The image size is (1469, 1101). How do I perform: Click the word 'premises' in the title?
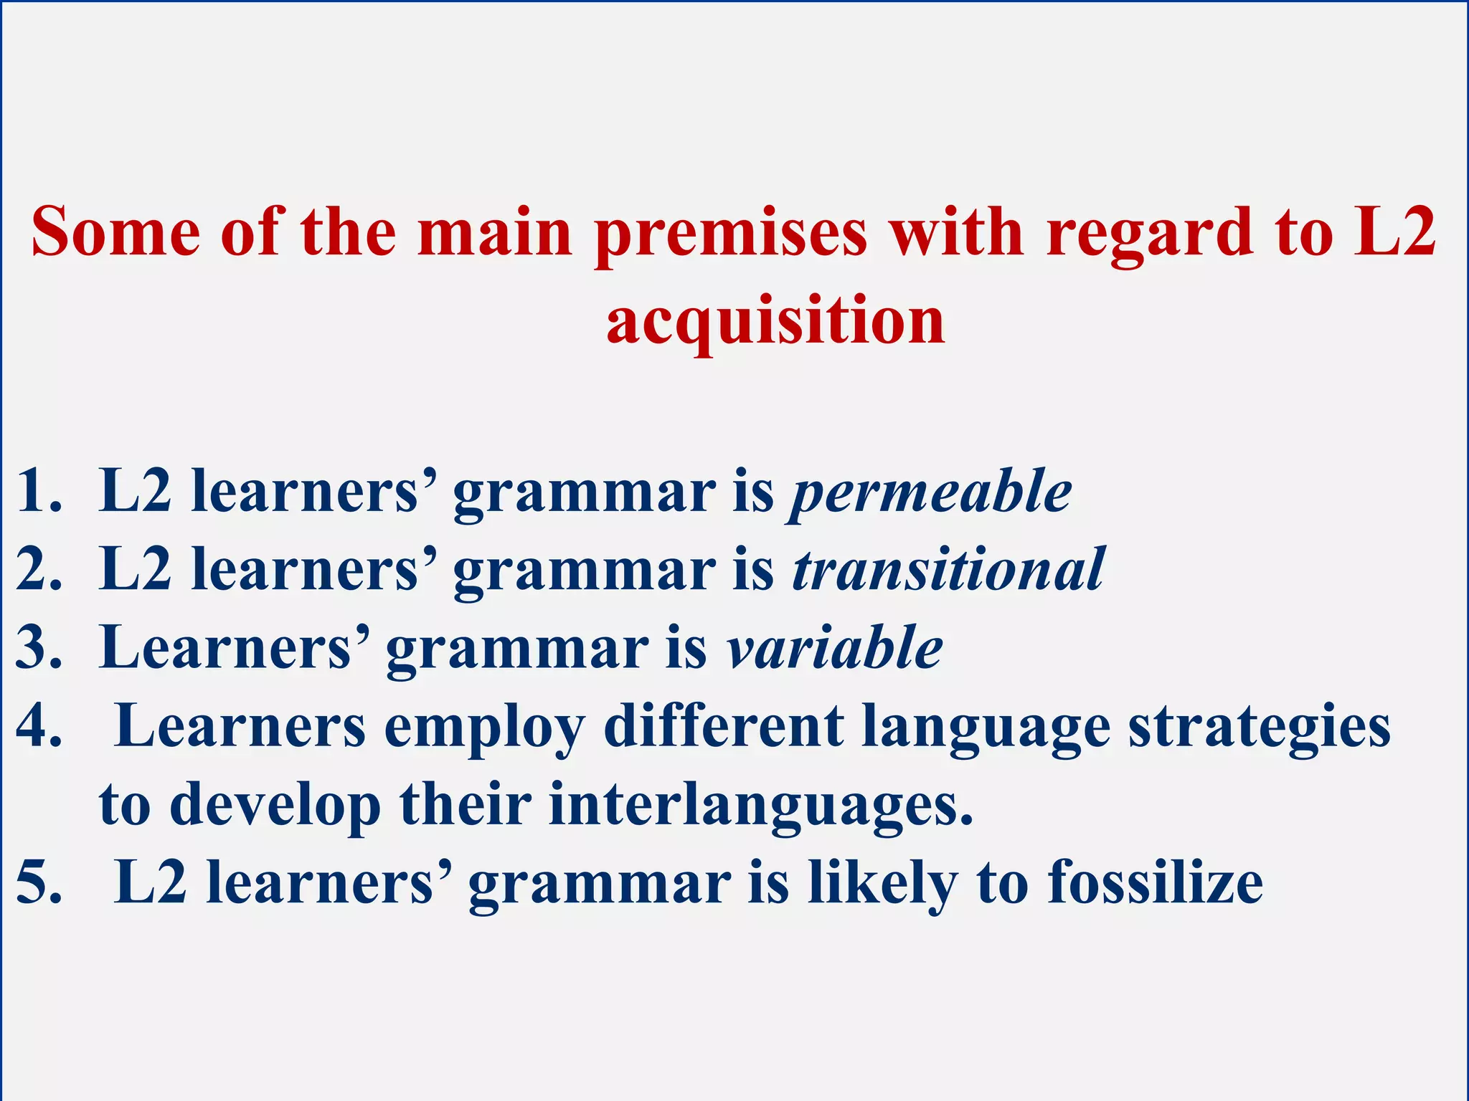[731, 234]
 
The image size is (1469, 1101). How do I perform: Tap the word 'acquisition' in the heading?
[775, 320]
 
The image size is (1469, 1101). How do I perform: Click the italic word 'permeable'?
[931, 493]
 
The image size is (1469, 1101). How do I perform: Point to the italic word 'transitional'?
[948, 570]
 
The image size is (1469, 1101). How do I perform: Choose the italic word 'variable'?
[835, 648]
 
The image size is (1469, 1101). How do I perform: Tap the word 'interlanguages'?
[760, 805]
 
